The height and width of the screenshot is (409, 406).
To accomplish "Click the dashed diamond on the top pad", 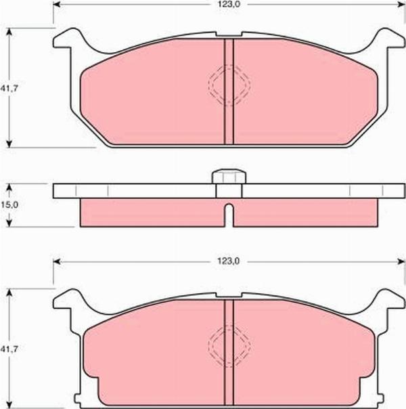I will point(229,85).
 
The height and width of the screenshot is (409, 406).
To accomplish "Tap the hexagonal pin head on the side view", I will point(229,177).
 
